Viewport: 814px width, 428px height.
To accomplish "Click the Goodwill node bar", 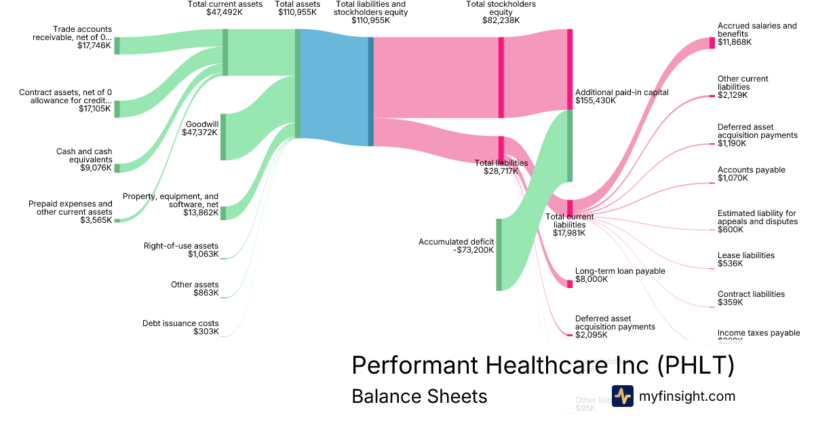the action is tap(223, 137).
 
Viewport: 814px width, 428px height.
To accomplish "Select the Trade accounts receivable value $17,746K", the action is tap(94, 47).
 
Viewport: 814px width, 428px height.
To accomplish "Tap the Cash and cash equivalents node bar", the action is tap(117, 168).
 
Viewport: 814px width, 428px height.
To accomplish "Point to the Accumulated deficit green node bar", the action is tap(499, 255).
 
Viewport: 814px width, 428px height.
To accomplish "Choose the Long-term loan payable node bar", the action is tap(570, 283).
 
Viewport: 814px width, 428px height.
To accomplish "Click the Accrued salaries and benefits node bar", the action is tap(712, 43).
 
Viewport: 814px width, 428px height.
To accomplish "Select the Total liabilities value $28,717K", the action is tap(501, 171).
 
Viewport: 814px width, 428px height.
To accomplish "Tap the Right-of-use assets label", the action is tap(181, 246).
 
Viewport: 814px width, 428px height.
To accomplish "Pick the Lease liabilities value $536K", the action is tap(730, 264).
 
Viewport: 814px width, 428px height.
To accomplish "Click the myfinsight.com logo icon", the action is tap(622, 396).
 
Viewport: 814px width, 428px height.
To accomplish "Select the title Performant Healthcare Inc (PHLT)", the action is tap(543, 366).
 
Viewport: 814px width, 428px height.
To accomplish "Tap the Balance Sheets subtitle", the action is tap(419, 397).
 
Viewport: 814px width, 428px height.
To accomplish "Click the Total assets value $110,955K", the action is tap(297, 12).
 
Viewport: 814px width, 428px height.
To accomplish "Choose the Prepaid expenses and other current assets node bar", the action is tap(117, 220).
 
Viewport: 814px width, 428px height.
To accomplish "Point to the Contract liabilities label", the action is tap(751, 294).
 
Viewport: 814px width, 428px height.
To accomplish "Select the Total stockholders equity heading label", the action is tap(501, 8).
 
